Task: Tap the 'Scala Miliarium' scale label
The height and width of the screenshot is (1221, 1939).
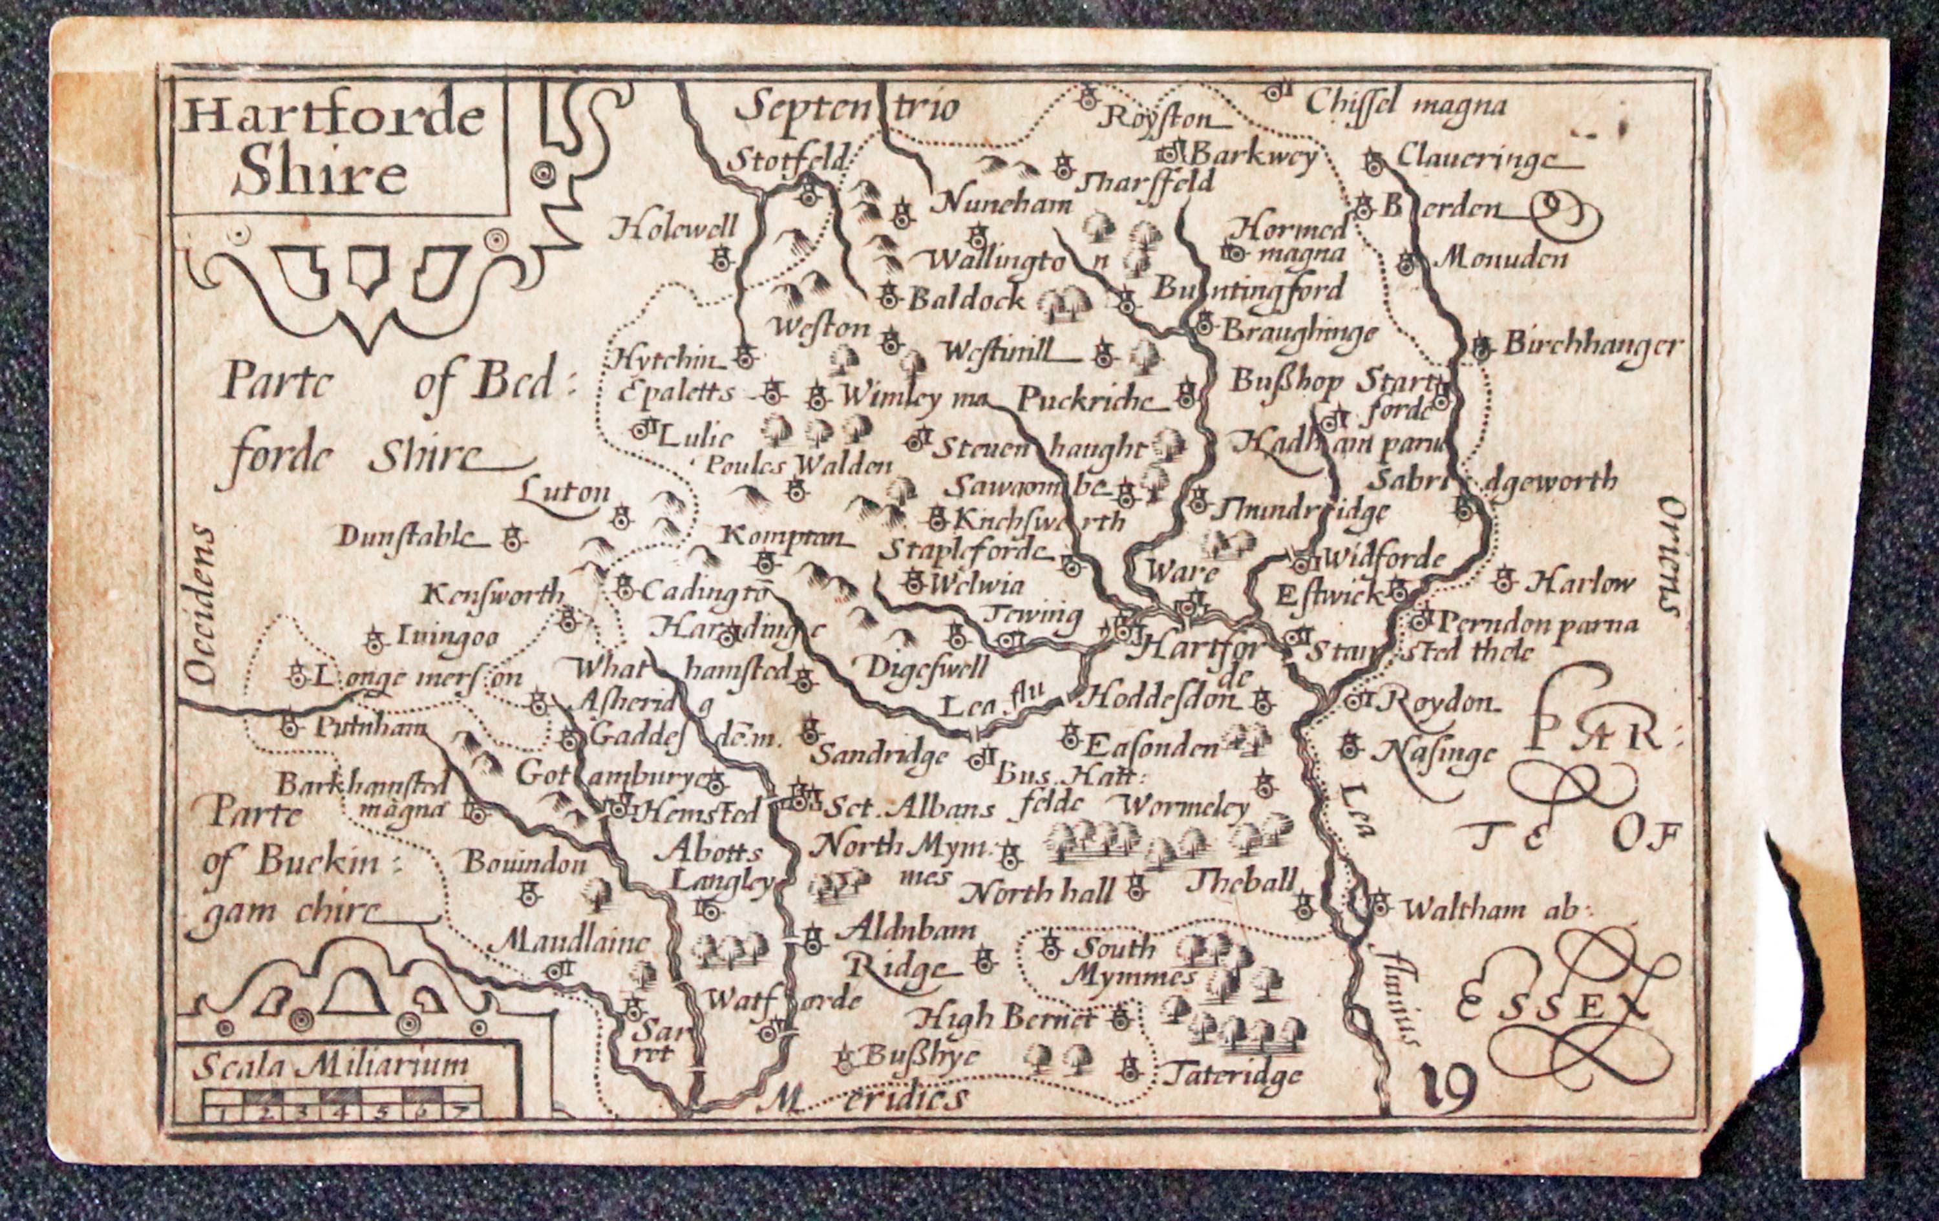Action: click(331, 1066)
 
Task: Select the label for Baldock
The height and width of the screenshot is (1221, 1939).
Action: click(967, 299)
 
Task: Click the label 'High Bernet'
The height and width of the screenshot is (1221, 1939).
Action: click(1002, 1020)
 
